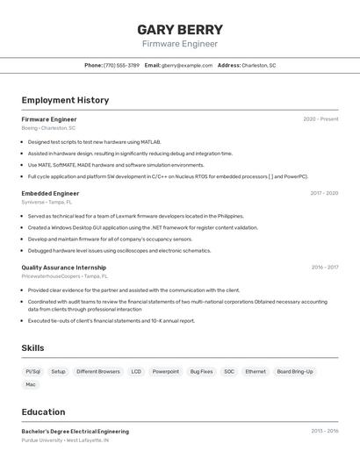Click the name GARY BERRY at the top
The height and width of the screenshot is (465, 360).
pos(180,29)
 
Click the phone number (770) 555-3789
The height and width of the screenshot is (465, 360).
pos(121,65)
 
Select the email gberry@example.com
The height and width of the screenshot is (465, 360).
pos(186,65)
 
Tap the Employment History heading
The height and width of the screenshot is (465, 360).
pos(65,100)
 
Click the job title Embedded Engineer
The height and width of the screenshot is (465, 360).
pos(50,193)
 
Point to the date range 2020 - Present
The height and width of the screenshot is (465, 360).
pos(320,119)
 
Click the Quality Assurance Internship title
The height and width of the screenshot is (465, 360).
pos(63,268)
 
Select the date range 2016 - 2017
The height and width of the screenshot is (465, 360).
pos(324,268)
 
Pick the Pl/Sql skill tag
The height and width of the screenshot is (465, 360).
pos(33,371)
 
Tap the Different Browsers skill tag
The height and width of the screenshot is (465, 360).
pos(98,371)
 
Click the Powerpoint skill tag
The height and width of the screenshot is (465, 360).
pos(165,371)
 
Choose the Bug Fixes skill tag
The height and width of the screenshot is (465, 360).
pos(201,371)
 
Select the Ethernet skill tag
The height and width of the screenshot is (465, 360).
pos(255,371)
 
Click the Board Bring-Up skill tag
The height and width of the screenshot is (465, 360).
pos(294,371)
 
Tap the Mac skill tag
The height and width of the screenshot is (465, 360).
pos(31,384)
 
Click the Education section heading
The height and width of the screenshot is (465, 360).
pos(43,411)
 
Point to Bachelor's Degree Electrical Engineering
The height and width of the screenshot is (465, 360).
pos(75,432)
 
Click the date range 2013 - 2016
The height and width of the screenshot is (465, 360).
pos(324,432)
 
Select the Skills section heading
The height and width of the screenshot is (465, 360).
pos(32,348)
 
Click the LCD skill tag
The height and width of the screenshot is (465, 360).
pos(136,371)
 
